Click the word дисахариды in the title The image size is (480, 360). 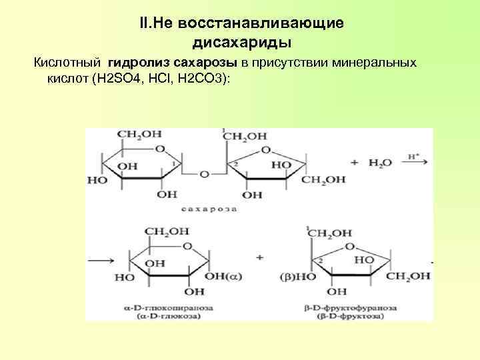point(241,43)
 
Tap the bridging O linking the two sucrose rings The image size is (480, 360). point(203,175)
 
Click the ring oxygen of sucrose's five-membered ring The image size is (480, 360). point(267,150)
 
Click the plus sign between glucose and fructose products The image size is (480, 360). point(259,257)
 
